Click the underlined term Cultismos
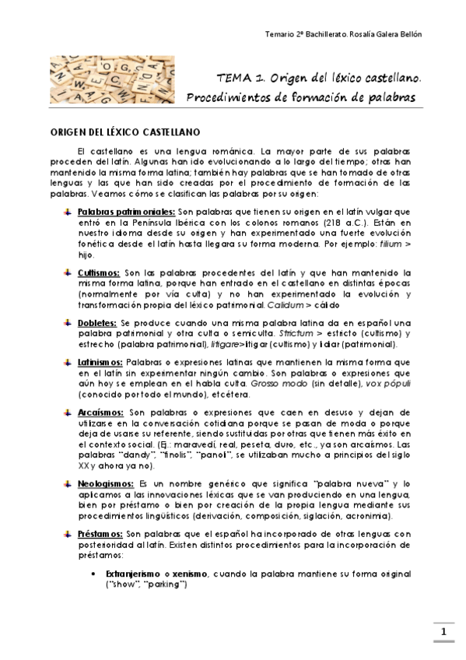point(99,273)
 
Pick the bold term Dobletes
point(97,323)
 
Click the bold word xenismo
point(192,574)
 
